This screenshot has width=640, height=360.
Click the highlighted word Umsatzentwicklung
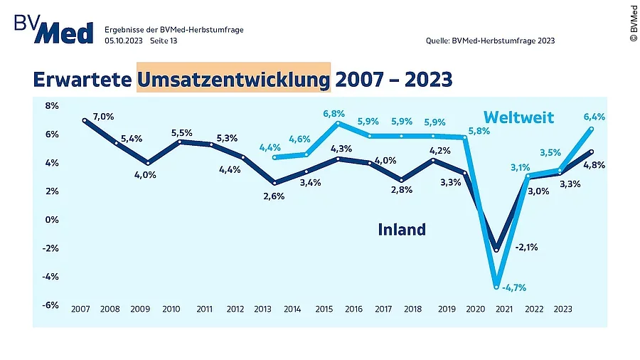(x=234, y=78)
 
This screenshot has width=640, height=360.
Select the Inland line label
(x=402, y=229)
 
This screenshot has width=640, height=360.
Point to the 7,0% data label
(x=103, y=116)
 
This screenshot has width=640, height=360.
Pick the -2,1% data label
(x=527, y=248)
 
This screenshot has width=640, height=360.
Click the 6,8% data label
(x=334, y=113)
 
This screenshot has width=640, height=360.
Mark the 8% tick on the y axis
(x=51, y=105)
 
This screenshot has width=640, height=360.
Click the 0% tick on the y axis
(x=51, y=219)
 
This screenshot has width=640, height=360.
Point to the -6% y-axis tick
(x=50, y=305)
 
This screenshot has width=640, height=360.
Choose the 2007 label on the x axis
(x=80, y=309)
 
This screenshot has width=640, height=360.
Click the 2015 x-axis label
(x=324, y=309)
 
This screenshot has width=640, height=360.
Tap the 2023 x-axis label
(x=564, y=309)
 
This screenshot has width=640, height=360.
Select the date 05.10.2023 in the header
(x=124, y=41)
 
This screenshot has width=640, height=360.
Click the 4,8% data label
(x=594, y=165)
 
